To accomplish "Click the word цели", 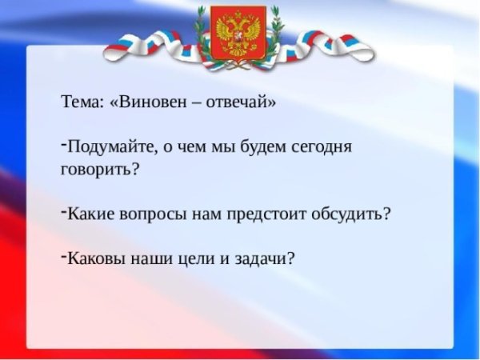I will [187, 259].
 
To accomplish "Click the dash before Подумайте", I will [62, 144].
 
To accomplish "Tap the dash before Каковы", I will [62, 255].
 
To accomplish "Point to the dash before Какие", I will [62, 210].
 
